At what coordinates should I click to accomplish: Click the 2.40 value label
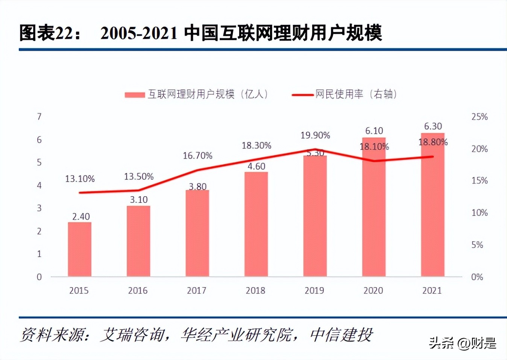81,216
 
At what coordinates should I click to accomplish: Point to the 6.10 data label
374,131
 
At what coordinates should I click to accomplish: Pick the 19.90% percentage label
315,135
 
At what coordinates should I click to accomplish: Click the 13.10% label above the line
80,179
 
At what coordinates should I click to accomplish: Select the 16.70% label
197,156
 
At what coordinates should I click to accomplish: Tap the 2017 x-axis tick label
196,290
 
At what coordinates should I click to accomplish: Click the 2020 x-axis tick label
373,290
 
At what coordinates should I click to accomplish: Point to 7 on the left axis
39,117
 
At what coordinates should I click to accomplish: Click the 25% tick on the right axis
480,117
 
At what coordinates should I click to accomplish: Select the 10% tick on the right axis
480,213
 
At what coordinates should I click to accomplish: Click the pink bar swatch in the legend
135,95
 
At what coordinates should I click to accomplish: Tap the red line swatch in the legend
302,95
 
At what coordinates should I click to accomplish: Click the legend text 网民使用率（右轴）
356,94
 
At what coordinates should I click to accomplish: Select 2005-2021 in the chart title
139,33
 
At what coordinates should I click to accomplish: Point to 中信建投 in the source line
341,335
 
